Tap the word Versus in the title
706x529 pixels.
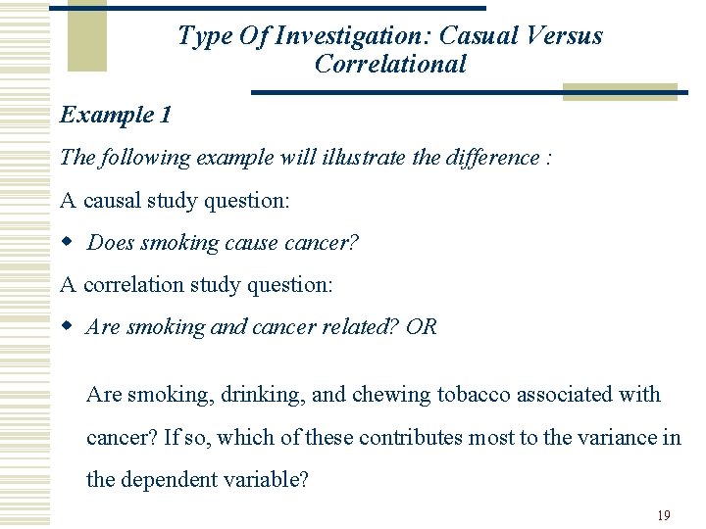coord(564,36)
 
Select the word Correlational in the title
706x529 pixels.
coord(390,65)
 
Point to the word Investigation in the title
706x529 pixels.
coord(354,36)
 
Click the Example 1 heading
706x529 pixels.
coord(116,115)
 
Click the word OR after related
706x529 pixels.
coord(422,327)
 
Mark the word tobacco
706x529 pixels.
coord(474,395)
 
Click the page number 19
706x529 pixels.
coord(664,515)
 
